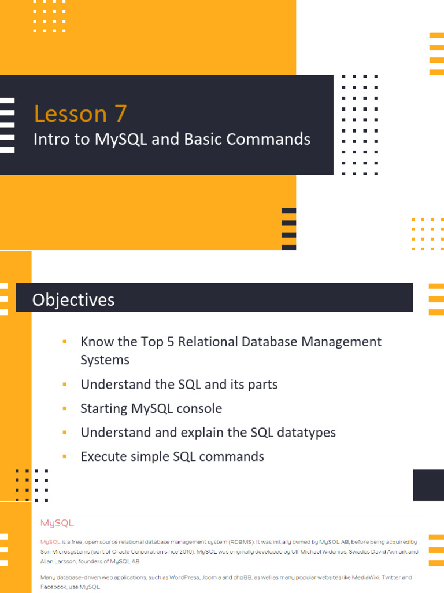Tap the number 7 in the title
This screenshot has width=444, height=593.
pyautogui.click(x=120, y=114)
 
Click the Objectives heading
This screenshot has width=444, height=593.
pyautogui.click(x=73, y=299)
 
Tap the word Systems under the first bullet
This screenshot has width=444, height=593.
pyautogui.click(x=105, y=360)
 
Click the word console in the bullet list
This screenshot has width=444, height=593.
pyautogui.click(x=199, y=408)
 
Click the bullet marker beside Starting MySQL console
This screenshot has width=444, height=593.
pyautogui.click(x=65, y=408)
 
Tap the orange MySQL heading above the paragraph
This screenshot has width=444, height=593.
pyautogui.click(x=57, y=523)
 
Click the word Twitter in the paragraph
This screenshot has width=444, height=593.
pyautogui.click(x=384, y=577)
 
